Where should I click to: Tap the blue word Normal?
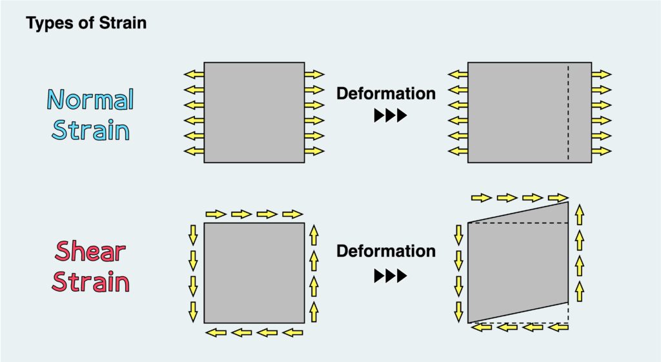tap(90, 99)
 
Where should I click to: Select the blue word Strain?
tap(90, 130)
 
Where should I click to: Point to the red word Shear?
tap(90, 251)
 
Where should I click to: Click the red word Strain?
tap(90, 281)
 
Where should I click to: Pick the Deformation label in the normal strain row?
tap(386, 94)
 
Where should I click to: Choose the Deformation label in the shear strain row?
tap(386, 251)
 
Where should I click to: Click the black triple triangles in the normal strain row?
tap(391, 116)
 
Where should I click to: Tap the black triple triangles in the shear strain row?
tap(391, 276)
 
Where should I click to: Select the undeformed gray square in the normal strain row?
tap(254, 112)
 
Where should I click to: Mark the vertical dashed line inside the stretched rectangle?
tap(568, 112)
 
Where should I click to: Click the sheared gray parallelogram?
tap(518, 262)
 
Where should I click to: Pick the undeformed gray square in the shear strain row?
tap(254, 273)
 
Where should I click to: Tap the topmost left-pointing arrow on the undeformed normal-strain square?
tap(194, 75)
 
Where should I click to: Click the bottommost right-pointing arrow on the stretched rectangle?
tap(601, 151)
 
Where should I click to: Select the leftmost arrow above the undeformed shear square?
tap(216, 214)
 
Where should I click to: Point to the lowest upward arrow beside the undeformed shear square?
tap(314, 312)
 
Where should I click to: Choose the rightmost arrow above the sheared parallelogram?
tap(558, 197)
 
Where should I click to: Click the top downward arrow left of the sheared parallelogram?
tap(459, 235)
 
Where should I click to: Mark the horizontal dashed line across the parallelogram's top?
tap(518, 223)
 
